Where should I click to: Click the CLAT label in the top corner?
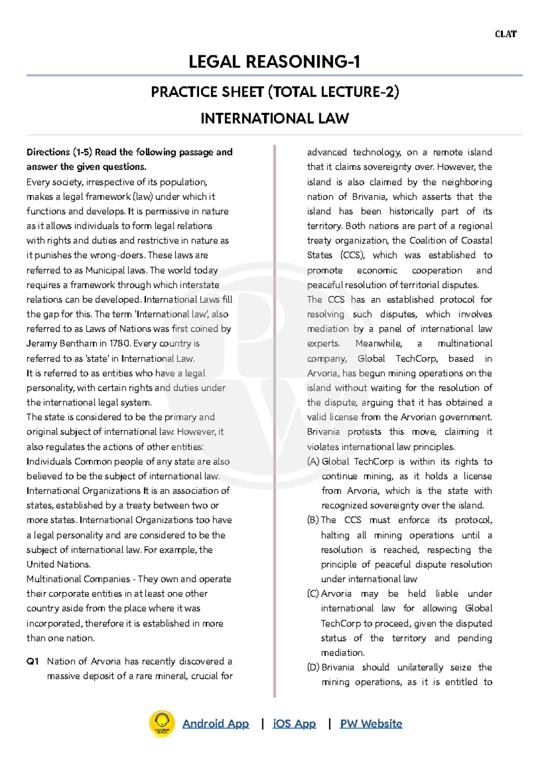(506, 34)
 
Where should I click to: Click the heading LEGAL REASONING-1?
(274, 62)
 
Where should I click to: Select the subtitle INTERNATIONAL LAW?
(274, 119)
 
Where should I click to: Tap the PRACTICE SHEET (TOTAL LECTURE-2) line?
(274, 92)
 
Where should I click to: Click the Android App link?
(216, 723)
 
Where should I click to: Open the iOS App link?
(294, 723)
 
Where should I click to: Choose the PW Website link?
(371, 723)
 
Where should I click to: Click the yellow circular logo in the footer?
(162, 723)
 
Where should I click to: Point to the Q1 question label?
(32, 661)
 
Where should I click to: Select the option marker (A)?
(313, 462)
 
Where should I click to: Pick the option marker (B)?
(313, 520)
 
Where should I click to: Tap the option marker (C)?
(313, 594)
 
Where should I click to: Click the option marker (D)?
(313, 667)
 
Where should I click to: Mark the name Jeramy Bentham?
(61, 344)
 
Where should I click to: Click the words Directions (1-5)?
(59, 152)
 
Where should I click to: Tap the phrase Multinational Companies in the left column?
(78, 579)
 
